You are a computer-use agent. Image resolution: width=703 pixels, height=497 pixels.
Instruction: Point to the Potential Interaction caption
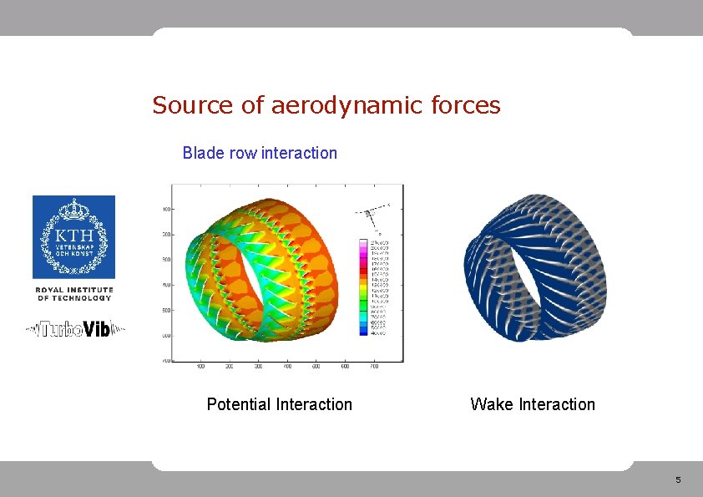click(280, 405)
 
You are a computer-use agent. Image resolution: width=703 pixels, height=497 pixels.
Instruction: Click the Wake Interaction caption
click(533, 405)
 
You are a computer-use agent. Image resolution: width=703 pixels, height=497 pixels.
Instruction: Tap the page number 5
click(678, 479)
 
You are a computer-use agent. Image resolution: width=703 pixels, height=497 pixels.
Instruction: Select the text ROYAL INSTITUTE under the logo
click(73, 290)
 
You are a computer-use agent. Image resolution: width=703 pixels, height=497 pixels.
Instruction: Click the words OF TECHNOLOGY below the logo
click(73, 298)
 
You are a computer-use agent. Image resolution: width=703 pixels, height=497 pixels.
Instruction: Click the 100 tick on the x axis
click(201, 366)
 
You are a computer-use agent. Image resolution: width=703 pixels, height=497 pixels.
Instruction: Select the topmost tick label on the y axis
click(167, 209)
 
